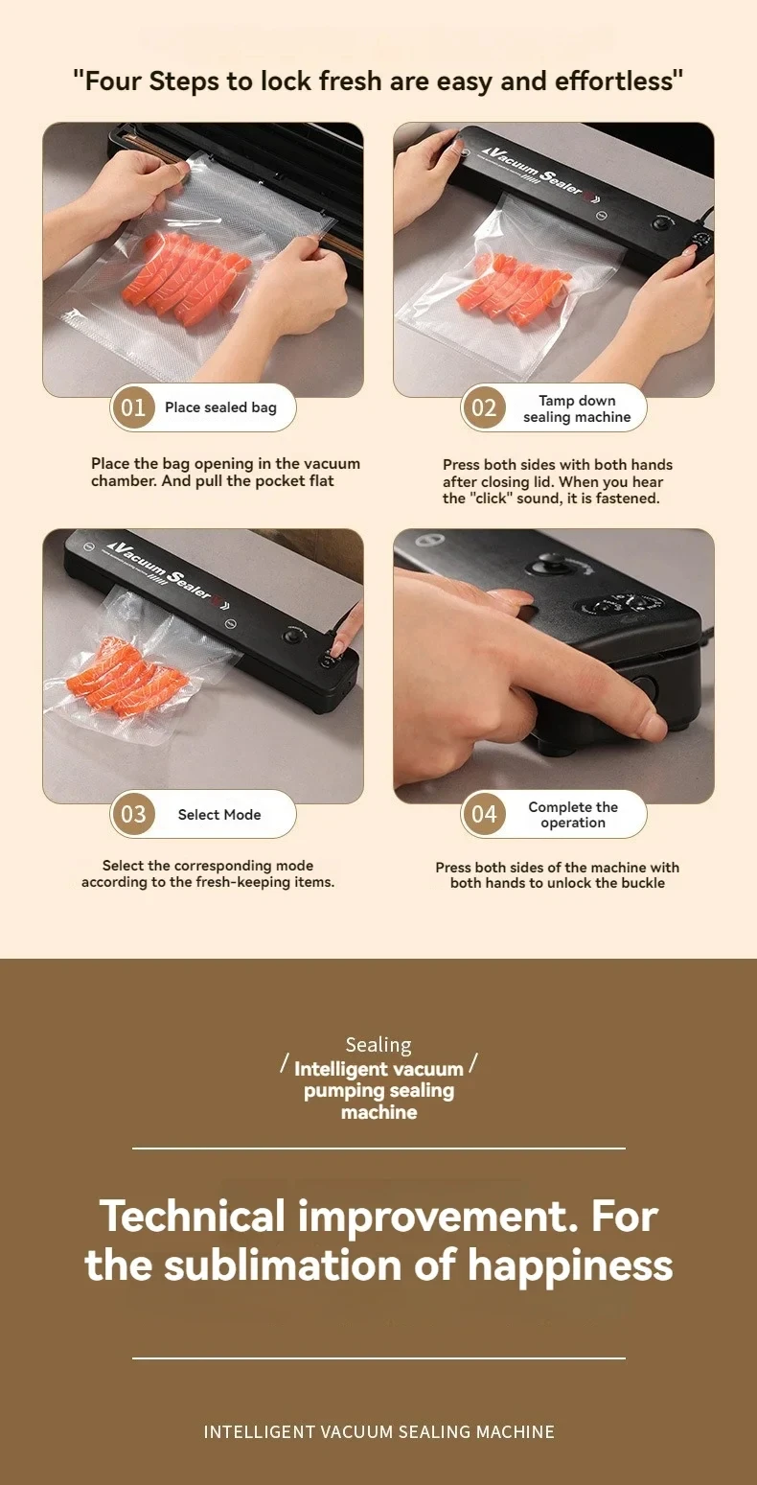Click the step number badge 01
coord(133,407)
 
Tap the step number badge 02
coord(484,408)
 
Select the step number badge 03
coord(133,815)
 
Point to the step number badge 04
coord(484,815)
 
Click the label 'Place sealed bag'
coord(220,407)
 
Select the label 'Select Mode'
coord(219,815)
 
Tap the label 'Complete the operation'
coord(573,815)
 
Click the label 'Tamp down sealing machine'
coord(577,408)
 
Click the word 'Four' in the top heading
coord(113,81)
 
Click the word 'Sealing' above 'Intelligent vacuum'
coord(378,1045)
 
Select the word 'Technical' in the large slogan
coord(192,1217)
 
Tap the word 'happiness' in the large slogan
coord(570,1265)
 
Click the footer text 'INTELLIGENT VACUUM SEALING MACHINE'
coord(378,1431)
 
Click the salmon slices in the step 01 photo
coord(196,278)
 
